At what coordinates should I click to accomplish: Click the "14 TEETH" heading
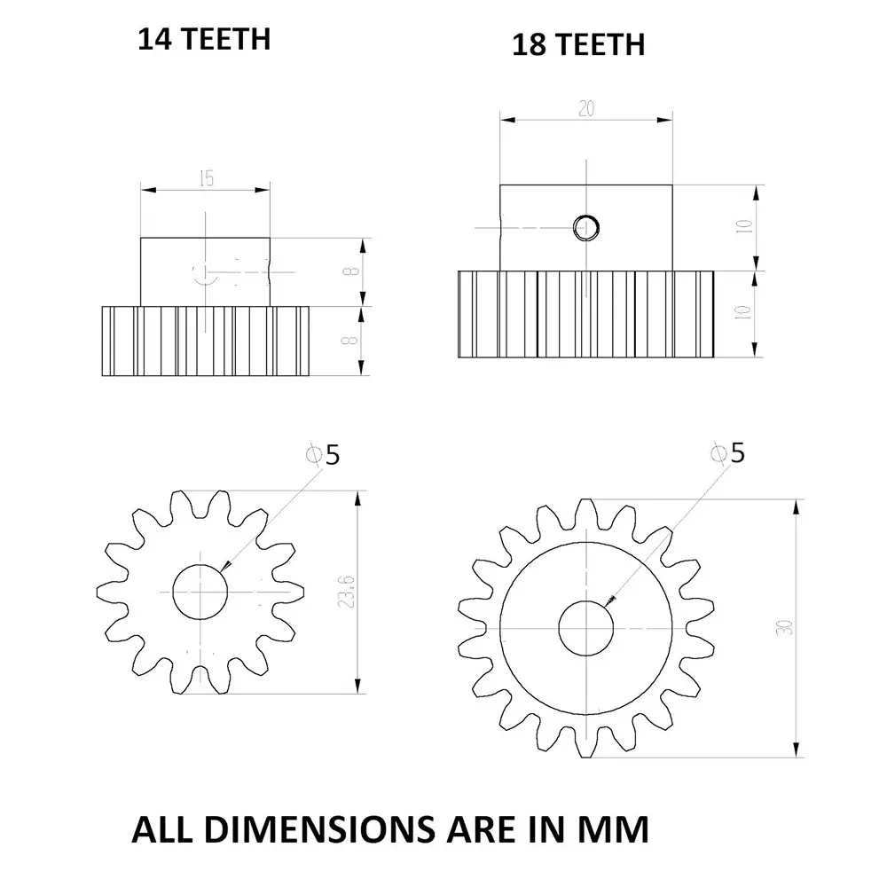(203, 40)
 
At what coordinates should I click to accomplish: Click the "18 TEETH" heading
(577, 44)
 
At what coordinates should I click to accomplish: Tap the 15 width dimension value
(206, 178)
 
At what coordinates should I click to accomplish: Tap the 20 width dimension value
(585, 109)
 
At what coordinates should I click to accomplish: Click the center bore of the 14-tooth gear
(201, 591)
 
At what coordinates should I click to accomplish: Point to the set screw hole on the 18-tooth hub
(585, 228)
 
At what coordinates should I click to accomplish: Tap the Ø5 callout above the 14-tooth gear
(323, 455)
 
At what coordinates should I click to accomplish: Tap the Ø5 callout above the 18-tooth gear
(729, 453)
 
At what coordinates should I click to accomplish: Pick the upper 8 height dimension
(354, 271)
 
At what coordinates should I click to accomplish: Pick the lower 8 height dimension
(354, 340)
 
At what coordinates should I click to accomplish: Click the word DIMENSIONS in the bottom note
(306, 829)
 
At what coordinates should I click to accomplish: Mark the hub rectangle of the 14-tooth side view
(205, 271)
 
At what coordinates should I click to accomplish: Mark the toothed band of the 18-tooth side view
(585, 314)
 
